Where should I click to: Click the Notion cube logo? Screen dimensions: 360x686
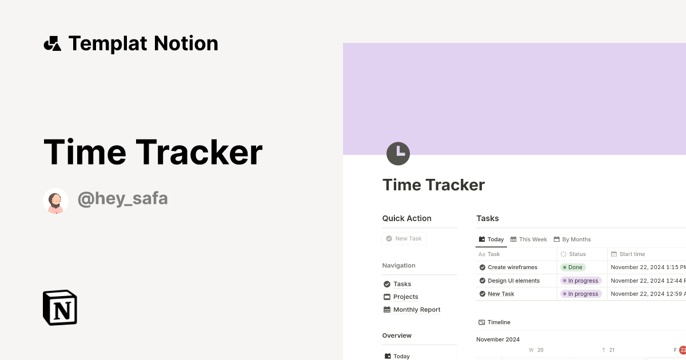click(60, 307)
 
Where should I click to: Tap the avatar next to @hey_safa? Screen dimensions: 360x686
click(55, 201)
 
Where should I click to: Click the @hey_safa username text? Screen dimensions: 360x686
click(122, 199)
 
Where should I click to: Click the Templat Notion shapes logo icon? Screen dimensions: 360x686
click(52, 43)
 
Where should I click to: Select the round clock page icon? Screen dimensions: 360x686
click(398, 153)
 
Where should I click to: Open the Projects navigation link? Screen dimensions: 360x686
click(405, 297)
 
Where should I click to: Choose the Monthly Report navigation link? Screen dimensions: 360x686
click(416, 310)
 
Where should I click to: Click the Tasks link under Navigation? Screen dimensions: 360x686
click(402, 284)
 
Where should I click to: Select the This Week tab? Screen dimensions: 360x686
click(529, 239)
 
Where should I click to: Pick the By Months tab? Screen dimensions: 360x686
click(572, 239)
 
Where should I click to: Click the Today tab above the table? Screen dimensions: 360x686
click(492, 239)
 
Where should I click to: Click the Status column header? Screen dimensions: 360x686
click(577, 254)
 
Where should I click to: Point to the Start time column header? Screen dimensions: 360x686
click(632, 254)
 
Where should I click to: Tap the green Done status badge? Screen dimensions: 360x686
click(573, 267)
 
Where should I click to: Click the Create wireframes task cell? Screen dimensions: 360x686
click(512, 267)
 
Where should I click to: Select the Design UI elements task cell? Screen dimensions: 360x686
click(513, 281)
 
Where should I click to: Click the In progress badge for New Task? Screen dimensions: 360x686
click(581, 294)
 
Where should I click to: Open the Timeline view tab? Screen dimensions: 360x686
click(494, 322)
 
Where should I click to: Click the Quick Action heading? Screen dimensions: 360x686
click(406, 218)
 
